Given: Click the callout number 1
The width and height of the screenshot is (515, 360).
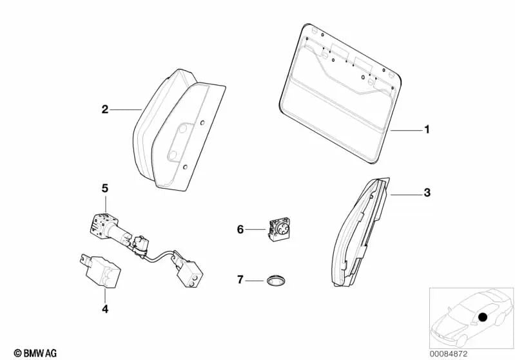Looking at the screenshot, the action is point(426,130).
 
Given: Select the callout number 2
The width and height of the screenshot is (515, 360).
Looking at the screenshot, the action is point(104,110).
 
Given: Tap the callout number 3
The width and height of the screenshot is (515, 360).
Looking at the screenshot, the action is point(426,193).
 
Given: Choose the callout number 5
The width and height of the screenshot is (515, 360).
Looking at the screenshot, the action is point(104,189).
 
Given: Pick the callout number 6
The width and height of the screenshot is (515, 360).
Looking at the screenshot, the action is point(241,229).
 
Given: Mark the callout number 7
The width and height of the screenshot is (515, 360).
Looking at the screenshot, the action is point(241,279).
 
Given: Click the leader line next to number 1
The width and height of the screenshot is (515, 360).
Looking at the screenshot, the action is point(405,130).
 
